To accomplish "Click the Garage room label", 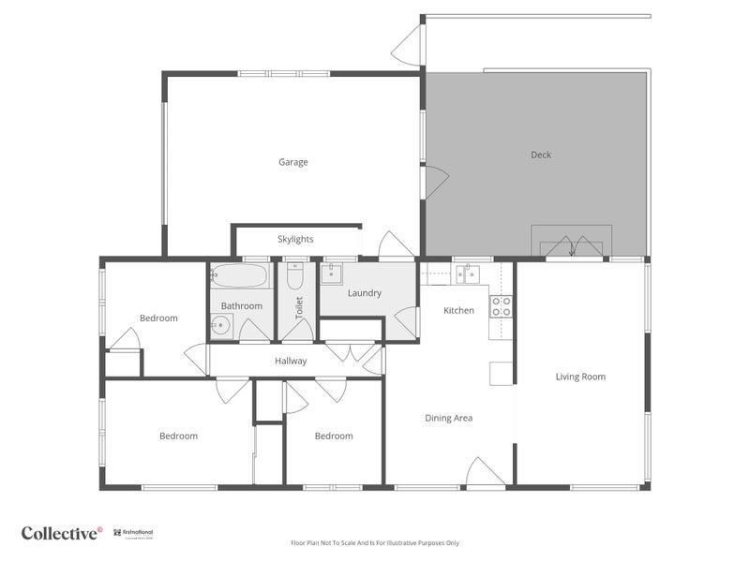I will point(292,162).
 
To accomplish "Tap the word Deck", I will point(540,155).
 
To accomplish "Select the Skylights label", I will point(295,239).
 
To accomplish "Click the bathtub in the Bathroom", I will point(240,275).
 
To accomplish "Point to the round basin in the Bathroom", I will point(220,326).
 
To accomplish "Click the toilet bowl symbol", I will point(295,277).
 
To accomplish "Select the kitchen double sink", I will point(468,274).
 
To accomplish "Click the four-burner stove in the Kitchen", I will point(501,306).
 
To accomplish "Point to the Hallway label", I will point(291,361).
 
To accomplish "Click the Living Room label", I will point(580,377).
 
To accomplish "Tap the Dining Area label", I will point(448,418).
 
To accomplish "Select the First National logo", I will point(133,533).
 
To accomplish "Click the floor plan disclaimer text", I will point(375,542).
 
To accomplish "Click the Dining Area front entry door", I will point(486,473).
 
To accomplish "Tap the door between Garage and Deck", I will point(435,182).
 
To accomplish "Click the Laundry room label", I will point(364,293).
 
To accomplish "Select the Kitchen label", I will point(458,310).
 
